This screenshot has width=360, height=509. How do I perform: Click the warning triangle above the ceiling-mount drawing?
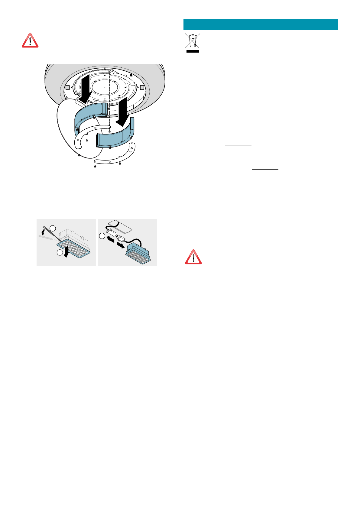pyautogui.click(x=30, y=40)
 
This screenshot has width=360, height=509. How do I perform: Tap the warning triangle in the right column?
pyautogui.click(x=193, y=257)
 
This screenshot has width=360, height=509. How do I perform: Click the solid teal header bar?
pyautogui.click(x=261, y=24)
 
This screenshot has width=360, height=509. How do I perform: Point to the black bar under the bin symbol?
pyautogui.click(x=193, y=51)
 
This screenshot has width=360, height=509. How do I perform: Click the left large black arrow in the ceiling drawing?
pyautogui.click(x=86, y=88)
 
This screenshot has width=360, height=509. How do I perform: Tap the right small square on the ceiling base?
pyautogui.click(x=141, y=87)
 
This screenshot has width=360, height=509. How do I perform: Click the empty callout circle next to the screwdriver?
pyautogui.click(x=53, y=228)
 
